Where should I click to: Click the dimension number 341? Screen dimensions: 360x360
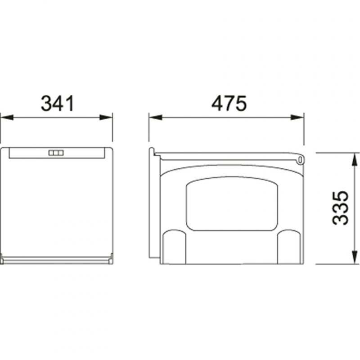pos(58,103)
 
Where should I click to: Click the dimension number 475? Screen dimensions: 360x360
pos(229,103)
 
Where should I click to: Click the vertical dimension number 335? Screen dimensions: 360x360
pos(340,208)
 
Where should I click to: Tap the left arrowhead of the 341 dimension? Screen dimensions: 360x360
pos(7,117)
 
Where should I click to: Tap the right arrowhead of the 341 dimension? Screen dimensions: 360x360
pos(106,117)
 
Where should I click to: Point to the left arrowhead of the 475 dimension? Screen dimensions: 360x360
pos(155,117)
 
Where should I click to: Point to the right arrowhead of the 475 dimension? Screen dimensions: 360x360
pos(297,117)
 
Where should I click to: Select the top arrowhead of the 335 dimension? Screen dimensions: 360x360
pos(355,160)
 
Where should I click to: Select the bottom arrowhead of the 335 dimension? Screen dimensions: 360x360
pos(355,257)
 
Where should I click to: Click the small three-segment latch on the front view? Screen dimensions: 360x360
pos(56,153)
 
